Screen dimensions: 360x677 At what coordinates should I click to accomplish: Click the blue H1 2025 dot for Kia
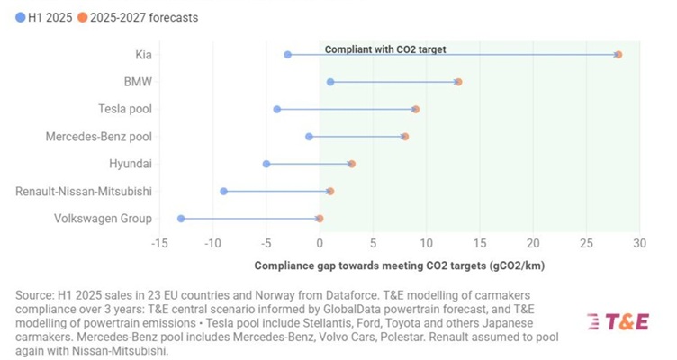click(x=288, y=55)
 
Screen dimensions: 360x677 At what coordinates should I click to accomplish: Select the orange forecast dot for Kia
click(x=618, y=55)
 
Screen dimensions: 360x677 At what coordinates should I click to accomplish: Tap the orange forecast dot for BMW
click(x=458, y=82)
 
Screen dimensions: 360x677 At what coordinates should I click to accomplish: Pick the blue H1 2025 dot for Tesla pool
click(x=277, y=110)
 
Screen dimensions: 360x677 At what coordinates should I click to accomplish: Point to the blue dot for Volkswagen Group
click(x=181, y=219)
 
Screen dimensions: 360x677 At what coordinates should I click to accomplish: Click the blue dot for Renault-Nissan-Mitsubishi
click(x=224, y=192)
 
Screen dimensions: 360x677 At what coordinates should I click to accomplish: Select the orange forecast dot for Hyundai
click(x=352, y=164)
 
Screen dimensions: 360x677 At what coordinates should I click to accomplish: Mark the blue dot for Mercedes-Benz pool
click(x=310, y=137)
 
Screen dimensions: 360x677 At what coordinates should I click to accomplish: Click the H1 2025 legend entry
click(x=41, y=17)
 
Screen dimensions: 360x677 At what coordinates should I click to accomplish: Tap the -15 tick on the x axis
click(x=159, y=242)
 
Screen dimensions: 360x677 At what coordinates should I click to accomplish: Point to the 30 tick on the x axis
click(x=639, y=242)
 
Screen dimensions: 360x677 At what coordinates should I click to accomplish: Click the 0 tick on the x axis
click(x=320, y=242)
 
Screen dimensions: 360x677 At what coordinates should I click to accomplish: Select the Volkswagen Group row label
click(x=103, y=219)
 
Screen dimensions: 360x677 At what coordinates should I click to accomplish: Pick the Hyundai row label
click(x=131, y=164)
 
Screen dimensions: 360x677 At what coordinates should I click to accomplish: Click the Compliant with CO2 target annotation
click(x=384, y=49)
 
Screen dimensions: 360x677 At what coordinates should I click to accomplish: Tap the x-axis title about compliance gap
click(x=399, y=265)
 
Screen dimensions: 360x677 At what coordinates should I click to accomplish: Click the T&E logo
click(x=618, y=322)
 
